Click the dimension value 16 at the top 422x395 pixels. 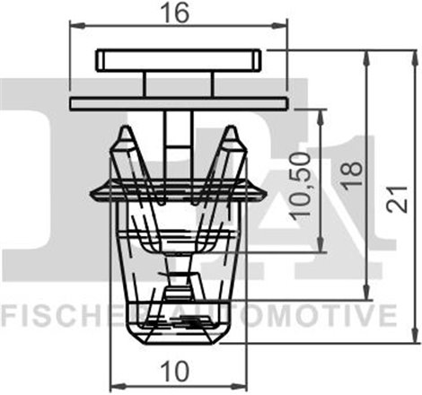[178, 13]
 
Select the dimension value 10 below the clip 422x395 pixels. [178, 368]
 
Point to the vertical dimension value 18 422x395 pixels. [352, 168]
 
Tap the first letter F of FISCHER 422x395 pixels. [8, 316]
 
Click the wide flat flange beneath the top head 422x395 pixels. [178, 102]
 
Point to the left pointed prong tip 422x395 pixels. [126, 131]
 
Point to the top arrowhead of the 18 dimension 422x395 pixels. [365, 56]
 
